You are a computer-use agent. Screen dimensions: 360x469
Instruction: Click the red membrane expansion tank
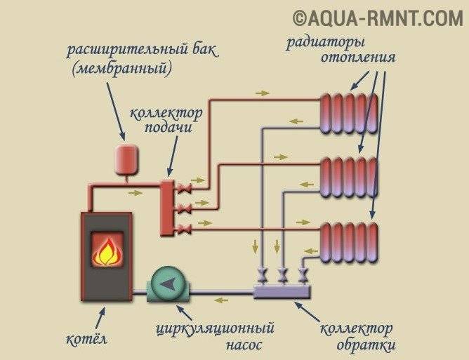(126, 158)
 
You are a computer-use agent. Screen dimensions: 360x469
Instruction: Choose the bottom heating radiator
(349, 240)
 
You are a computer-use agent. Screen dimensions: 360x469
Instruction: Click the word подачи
(169, 128)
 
